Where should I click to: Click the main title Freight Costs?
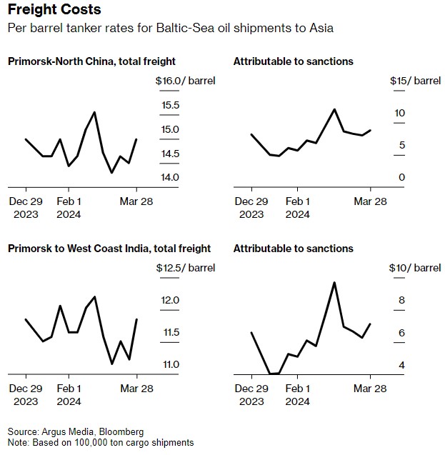(54, 10)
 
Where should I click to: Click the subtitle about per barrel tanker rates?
(170, 29)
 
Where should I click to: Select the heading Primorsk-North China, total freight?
(91, 61)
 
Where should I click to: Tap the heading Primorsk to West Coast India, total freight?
(109, 249)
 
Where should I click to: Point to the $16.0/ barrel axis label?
(185, 81)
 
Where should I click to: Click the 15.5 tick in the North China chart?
(170, 106)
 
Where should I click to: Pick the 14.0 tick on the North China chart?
(170, 178)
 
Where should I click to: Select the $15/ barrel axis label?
(415, 81)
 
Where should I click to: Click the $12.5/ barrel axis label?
(185, 268)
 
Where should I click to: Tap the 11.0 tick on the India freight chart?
(170, 365)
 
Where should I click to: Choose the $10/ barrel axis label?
(415, 268)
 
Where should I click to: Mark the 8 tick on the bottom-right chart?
(401, 301)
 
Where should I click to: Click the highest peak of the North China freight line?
(94, 112)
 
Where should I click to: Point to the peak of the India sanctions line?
(334, 282)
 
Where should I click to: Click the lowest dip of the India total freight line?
(112, 364)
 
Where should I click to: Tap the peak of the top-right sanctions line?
(334, 109)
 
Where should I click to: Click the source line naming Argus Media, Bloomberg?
(76, 432)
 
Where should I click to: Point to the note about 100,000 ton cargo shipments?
(100, 443)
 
